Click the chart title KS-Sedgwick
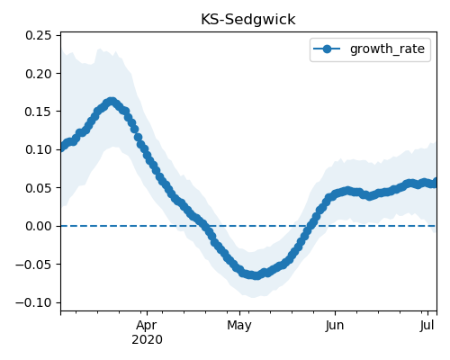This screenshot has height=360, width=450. (x=248, y=20)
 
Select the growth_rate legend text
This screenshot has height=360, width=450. (x=387, y=49)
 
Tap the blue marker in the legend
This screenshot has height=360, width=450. (x=327, y=49)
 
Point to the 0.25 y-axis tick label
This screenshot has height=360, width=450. (x=39, y=35)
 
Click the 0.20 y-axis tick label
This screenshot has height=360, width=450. (x=39, y=74)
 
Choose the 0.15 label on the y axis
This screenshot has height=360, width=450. (x=39, y=112)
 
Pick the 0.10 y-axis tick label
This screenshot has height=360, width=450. (x=39, y=149)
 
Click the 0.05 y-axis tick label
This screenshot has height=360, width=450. (x=39, y=188)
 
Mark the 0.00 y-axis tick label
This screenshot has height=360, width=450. (x=39, y=226)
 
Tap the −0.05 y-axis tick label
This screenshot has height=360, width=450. (x=34, y=265)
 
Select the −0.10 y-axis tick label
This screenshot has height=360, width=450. (x=34, y=302)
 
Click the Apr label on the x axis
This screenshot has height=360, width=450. (x=147, y=326)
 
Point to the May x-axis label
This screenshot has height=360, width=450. (x=239, y=326)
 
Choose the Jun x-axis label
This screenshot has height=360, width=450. (x=335, y=326)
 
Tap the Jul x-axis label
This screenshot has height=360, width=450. (x=427, y=326)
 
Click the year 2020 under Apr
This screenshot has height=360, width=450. (x=147, y=339)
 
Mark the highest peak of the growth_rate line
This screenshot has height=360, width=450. (x=112, y=102)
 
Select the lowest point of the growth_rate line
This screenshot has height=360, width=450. (x=256, y=275)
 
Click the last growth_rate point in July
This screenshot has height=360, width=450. (x=435, y=183)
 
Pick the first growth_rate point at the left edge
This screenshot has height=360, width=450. (x=62, y=147)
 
